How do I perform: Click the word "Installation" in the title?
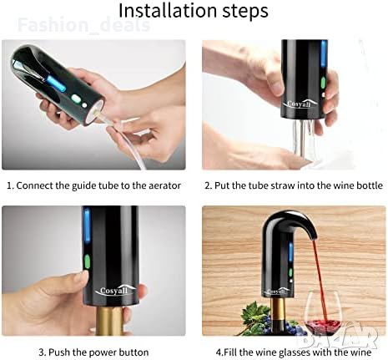tap(168, 11)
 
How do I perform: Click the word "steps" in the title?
tap(245, 12)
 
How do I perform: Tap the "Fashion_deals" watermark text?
tap(83, 25)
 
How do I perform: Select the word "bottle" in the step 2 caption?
tap(370, 185)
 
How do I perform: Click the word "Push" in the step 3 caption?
tap(59, 352)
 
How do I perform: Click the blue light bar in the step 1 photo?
tap(56, 84)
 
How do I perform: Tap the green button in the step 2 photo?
tap(323, 83)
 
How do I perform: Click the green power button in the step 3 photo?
tap(88, 261)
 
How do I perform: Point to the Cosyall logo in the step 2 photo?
tap(300, 104)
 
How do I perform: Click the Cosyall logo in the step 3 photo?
tap(114, 291)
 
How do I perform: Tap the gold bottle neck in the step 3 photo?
tap(109, 321)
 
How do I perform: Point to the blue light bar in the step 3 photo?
tap(87, 225)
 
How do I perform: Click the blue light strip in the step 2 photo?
tap(324, 53)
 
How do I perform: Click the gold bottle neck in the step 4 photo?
tap(279, 310)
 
